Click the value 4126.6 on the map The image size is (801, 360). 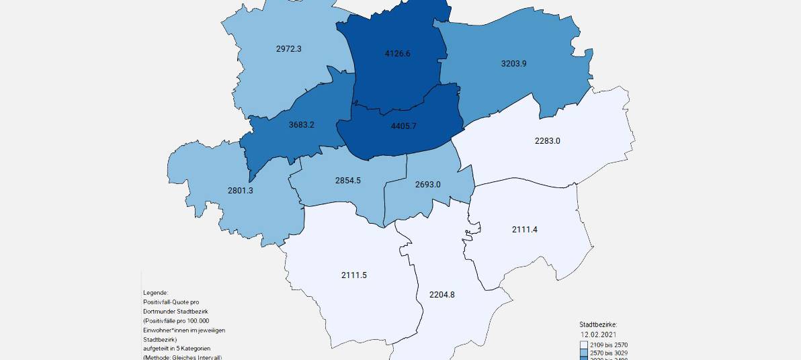396,54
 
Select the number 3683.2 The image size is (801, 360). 302,125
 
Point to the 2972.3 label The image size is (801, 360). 290,49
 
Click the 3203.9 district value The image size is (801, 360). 514,64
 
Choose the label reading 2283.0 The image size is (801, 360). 547,141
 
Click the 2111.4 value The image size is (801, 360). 525,230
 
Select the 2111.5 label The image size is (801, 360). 354,275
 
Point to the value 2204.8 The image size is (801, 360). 441,294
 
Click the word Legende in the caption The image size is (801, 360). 155,293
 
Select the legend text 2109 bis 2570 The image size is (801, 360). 609,345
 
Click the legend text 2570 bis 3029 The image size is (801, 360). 609,353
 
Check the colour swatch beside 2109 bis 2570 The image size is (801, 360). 584,345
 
